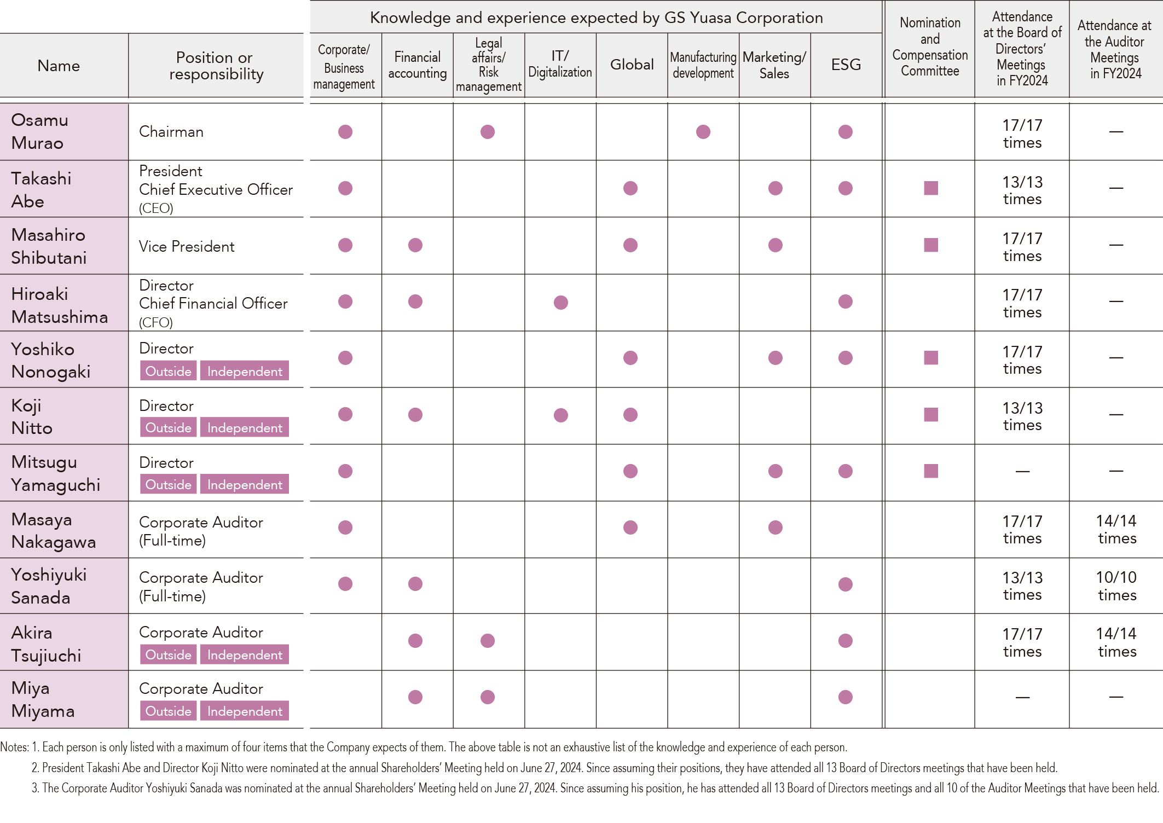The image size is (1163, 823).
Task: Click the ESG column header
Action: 846,65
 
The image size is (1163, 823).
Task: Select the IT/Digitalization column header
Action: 560,65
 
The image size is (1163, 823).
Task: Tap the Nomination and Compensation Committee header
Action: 930,47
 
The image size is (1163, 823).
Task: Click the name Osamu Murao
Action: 39,131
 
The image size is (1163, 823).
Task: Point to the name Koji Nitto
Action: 32,416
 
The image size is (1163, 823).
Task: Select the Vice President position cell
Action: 187,246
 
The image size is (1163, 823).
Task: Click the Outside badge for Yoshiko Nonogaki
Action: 168,371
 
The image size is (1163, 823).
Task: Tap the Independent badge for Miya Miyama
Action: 245,711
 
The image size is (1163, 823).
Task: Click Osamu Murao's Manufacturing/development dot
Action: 703,132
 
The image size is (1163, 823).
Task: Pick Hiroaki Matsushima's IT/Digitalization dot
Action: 560,303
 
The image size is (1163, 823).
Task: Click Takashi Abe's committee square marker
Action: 931,188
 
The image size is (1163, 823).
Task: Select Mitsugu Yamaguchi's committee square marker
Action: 931,471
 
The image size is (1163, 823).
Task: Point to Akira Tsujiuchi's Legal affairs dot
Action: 488,641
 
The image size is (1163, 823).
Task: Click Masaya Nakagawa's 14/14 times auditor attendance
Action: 1116,529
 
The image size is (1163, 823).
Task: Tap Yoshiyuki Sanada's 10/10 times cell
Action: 1116,586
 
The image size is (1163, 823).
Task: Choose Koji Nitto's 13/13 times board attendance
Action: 1022,416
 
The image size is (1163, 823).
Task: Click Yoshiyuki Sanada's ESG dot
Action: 846,584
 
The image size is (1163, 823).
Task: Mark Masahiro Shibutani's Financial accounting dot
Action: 415,245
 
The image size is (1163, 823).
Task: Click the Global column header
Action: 632,65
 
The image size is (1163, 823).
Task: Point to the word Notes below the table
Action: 14,747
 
